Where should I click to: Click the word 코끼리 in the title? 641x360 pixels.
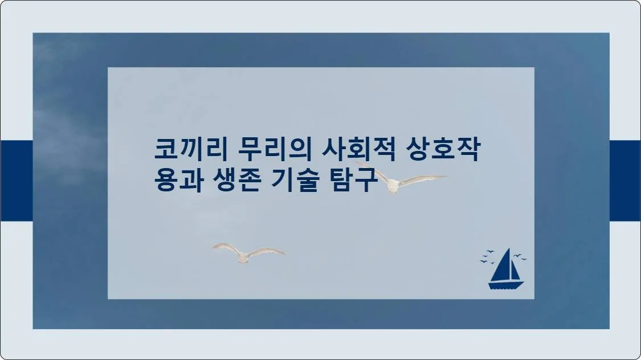coord(191,149)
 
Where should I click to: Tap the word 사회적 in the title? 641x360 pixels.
coord(358,149)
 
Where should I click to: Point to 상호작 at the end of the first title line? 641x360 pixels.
coord(443,149)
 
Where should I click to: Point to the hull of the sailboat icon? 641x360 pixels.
coord(506,285)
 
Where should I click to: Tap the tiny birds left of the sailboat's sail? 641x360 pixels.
coord(487,257)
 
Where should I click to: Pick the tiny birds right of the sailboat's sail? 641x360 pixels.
coord(520,257)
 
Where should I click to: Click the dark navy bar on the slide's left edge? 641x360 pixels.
coord(17,181)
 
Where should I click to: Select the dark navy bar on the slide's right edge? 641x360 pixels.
coord(625,181)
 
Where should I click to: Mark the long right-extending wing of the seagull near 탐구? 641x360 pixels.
coord(423,180)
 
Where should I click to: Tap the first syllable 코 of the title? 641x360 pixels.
coord(166,149)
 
